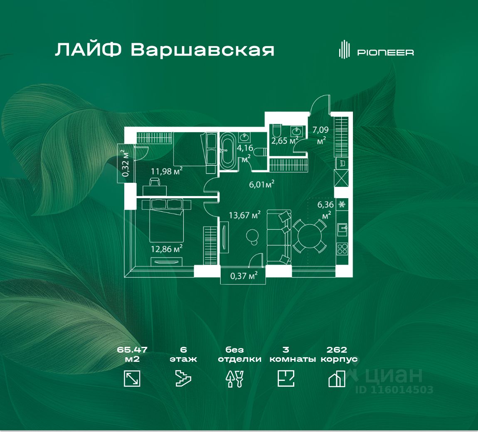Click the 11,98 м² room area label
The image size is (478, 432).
166,171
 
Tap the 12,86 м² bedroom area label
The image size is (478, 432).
166,249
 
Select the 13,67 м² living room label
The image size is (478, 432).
245,215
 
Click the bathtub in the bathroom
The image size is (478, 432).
227,150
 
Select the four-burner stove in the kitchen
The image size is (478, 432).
342,249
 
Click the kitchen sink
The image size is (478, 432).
342,227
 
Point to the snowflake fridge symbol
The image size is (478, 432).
342,204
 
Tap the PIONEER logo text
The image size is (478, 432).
385,52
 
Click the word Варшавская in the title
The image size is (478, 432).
202,50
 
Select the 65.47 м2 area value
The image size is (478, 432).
132,350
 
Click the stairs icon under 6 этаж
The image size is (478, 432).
183,379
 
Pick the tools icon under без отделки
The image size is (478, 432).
234,379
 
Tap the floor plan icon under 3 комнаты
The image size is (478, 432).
286,379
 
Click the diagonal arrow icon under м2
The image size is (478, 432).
132,379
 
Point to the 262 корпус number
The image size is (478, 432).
337,350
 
